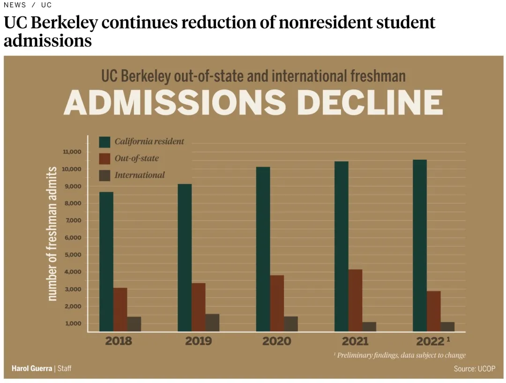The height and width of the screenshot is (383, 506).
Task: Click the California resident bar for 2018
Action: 106,261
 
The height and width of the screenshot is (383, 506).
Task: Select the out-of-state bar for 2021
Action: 356,300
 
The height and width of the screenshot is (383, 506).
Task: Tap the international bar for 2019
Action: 212,322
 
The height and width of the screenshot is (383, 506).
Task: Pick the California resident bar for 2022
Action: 419,245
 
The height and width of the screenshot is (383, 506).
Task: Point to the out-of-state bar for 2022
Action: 433,311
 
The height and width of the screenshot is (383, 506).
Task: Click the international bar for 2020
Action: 291,324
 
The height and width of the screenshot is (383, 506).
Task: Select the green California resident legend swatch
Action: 104,142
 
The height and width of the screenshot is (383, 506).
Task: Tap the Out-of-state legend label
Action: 136,159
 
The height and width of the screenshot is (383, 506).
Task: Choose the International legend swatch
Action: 104,176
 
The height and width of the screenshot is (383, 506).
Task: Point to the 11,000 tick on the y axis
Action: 72,152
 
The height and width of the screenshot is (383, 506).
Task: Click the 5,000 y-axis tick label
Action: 72,255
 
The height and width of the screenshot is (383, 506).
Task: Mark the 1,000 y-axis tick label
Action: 72,324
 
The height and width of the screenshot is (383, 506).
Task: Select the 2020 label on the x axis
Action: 276,341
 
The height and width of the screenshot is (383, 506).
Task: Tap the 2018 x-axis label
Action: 119,341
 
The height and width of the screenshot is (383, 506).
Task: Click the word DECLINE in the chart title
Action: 370,103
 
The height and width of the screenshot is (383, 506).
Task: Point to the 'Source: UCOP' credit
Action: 474,369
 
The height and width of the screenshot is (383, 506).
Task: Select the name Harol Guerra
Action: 32,368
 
